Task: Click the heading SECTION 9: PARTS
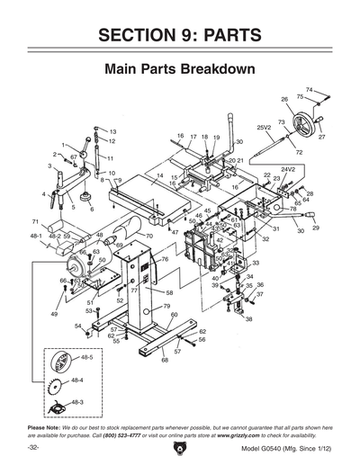click(x=180, y=35)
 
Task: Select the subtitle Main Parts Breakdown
click(x=180, y=68)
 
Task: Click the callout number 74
click(x=309, y=89)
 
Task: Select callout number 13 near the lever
click(x=112, y=131)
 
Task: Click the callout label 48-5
click(x=88, y=357)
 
